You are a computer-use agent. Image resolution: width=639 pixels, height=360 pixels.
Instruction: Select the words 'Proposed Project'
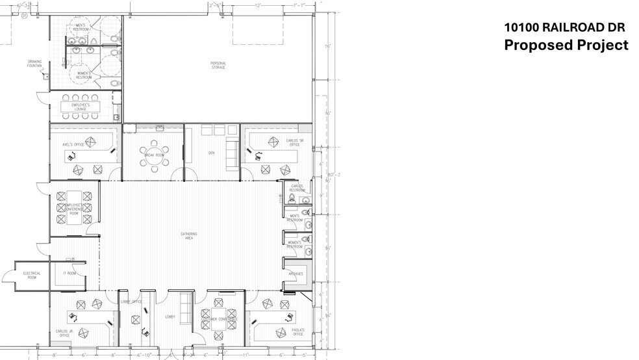click(566, 45)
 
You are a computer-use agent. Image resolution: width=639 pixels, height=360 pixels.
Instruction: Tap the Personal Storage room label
click(218, 65)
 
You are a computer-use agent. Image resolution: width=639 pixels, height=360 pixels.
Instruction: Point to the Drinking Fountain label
click(34, 64)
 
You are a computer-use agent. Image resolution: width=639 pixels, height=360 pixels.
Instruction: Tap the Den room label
click(211, 153)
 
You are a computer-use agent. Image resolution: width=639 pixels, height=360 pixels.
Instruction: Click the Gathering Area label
click(189, 236)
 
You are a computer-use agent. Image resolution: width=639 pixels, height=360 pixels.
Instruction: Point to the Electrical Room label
click(32, 275)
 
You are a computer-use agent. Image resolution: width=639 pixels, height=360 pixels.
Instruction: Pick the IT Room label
click(69, 274)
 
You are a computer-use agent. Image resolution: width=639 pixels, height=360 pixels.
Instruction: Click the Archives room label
click(295, 274)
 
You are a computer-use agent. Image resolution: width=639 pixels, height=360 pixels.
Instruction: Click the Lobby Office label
click(131, 302)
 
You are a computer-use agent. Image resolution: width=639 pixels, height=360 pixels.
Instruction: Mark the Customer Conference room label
click(219, 319)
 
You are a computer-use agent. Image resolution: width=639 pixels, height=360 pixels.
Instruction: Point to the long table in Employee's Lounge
click(81, 106)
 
